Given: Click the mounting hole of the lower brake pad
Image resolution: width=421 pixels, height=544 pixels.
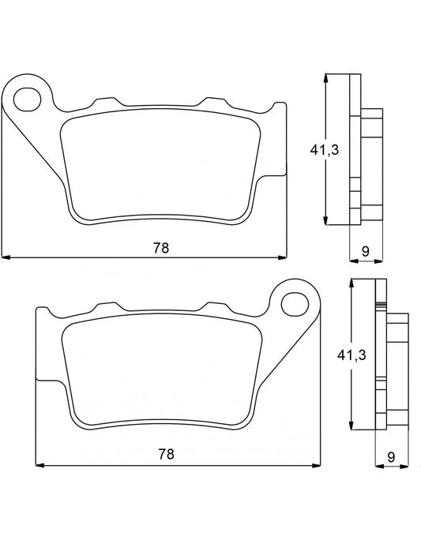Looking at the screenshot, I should pos(295,302).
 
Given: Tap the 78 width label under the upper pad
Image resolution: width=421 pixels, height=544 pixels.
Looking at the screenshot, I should pos(160,247).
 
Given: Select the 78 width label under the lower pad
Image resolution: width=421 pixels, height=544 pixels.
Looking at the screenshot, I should pos(165,455).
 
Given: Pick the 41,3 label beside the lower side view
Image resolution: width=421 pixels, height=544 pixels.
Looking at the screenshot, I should pos(345,356).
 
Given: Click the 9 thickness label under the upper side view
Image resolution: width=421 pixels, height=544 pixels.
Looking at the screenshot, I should pos(365,250).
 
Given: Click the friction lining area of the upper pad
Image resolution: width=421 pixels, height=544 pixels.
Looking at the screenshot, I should pos(161,165).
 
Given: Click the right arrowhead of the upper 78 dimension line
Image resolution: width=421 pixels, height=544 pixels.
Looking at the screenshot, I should pos(283,257).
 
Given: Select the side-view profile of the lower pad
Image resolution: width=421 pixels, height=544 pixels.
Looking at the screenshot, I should pos(385,355).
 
